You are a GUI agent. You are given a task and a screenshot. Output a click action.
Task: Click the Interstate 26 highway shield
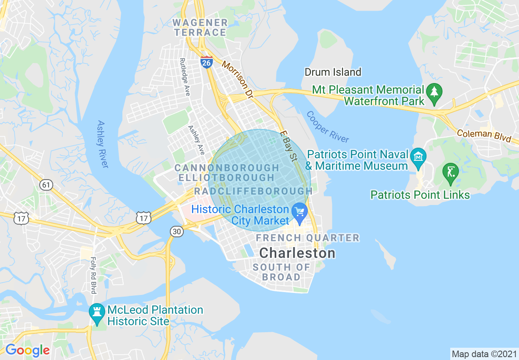point(207,62)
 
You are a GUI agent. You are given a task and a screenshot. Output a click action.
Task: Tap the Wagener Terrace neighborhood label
point(200,27)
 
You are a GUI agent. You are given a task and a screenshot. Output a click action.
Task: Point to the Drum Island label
point(333,72)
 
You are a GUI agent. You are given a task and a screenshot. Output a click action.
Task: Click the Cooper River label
point(327,127)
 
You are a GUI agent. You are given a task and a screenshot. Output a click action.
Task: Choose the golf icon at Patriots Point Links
point(451,173)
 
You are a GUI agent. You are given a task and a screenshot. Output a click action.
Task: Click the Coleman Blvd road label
point(484,135)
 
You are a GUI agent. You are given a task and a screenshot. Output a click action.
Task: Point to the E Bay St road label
point(289,146)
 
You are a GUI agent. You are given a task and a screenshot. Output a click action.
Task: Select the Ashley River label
point(103,144)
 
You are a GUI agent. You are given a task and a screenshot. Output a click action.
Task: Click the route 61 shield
point(46,185)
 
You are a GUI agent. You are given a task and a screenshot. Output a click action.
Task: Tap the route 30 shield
point(176,232)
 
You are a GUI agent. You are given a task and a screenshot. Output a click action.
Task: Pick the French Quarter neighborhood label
point(307,238)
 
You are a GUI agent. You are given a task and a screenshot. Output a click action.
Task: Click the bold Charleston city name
point(297,253)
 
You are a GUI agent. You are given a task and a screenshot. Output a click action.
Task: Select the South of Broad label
point(281,272)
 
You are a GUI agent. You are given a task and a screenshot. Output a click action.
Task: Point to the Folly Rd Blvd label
point(93,275)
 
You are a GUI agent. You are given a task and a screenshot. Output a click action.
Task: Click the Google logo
point(27,350)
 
